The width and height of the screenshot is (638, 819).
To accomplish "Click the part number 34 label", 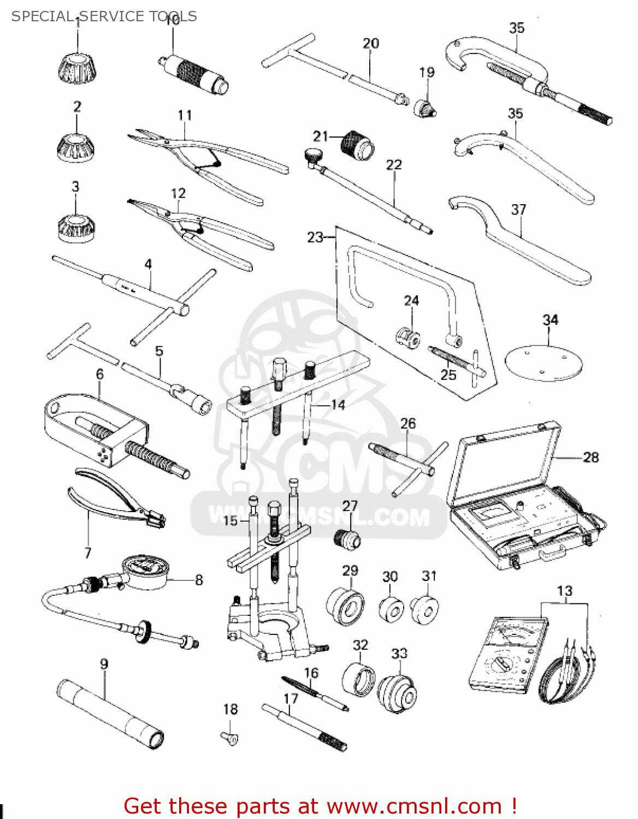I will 550,320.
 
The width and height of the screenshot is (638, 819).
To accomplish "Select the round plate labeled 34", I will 544,363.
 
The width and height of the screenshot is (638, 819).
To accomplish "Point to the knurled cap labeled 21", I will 357,145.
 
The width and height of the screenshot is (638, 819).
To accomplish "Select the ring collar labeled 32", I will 358,679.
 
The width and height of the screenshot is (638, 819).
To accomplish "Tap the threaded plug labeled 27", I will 347,538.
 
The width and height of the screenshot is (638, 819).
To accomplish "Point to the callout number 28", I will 591,457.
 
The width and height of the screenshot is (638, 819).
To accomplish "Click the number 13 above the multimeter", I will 564,591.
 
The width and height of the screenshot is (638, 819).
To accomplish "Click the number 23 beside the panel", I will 315,237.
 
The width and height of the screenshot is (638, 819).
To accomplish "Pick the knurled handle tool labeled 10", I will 194,73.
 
